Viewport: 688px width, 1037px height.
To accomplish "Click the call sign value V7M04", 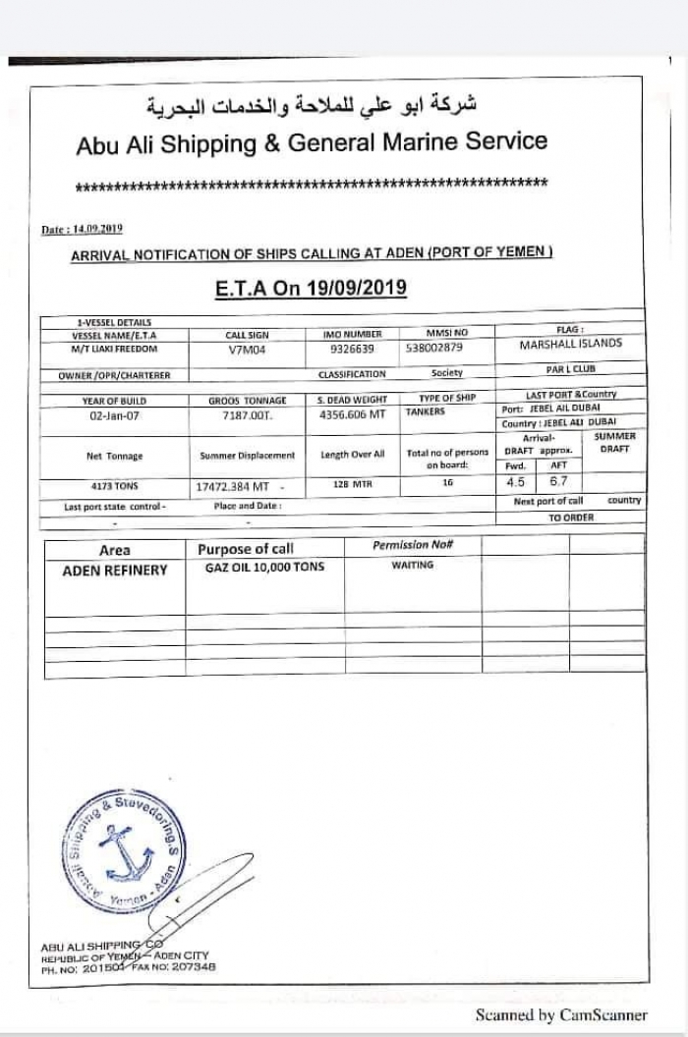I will point(246,349).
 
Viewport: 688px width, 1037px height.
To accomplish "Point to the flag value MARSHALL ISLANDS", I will point(570,345).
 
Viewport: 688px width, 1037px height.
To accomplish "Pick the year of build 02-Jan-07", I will point(114,415).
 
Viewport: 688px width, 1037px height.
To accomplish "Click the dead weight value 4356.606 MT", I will point(352,415).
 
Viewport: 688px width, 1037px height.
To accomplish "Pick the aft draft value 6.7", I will point(558,482).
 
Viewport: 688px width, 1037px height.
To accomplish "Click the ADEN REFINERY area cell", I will point(115,570).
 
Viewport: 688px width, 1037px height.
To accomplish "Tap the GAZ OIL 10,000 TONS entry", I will point(263,568).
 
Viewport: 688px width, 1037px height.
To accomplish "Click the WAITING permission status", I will point(412,566).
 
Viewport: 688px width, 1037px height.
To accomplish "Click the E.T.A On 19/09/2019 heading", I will point(311,289).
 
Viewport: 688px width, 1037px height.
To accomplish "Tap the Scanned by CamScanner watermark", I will point(561,1015).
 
